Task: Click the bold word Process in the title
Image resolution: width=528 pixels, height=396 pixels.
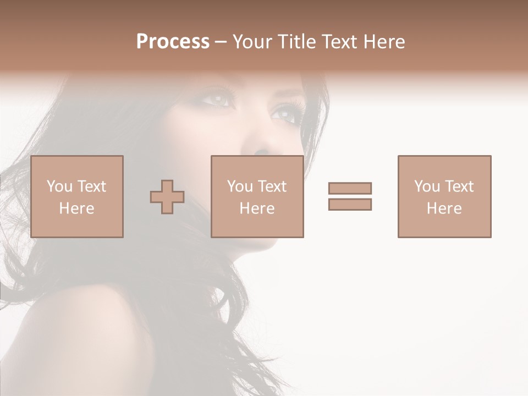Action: tap(173, 42)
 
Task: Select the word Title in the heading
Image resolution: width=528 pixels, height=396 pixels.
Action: tap(297, 42)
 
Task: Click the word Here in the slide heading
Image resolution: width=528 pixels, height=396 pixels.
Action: tap(383, 42)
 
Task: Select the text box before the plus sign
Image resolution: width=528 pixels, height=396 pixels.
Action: tap(77, 196)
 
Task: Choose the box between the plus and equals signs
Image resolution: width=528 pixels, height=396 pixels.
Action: tap(257, 196)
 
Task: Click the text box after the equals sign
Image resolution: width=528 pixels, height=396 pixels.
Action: tap(444, 196)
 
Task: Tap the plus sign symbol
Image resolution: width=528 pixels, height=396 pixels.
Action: tap(167, 196)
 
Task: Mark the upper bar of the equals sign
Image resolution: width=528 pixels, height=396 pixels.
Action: tap(350, 188)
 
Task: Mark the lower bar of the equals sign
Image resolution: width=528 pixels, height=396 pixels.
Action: tap(350, 204)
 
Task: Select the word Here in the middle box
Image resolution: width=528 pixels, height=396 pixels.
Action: tap(257, 208)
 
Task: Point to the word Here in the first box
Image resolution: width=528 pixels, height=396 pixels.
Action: tap(76, 208)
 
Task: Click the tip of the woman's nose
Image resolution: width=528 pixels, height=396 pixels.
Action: tap(263, 150)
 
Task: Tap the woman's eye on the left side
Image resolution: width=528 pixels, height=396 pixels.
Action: tap(218, 100)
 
